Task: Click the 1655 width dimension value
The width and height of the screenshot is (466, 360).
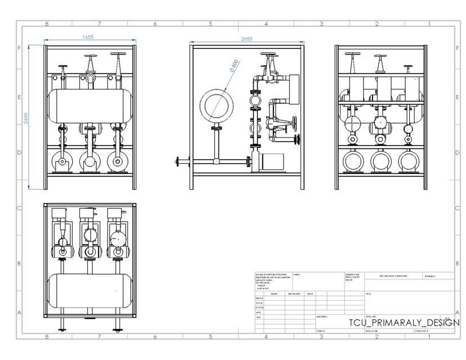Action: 87,37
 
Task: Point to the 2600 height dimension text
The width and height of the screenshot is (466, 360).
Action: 26,118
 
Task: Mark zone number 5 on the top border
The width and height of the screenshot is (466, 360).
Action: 210,24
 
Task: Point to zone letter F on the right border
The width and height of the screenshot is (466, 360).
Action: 456,48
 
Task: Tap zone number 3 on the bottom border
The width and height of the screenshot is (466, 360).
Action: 321,337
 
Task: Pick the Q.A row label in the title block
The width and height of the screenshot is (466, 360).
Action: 259,317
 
